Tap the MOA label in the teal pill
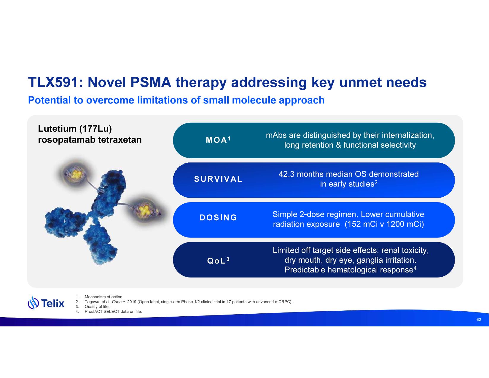[x=216, y=140]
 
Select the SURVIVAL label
[x=218, y=179]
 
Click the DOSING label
[x=218, y=218]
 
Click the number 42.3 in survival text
[x=286, y=174]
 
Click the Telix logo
[x=46, y=303]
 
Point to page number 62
[x=479, y=320]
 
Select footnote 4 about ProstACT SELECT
[x=113, y=312]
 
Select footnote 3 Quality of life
[x=97, y=307]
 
